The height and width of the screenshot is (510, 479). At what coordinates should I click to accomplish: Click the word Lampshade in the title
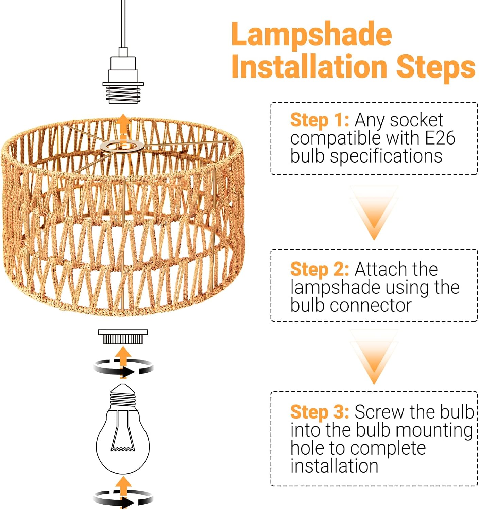(x=311, y=35)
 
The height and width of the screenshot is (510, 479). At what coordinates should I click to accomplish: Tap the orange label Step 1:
(x=319, y=120)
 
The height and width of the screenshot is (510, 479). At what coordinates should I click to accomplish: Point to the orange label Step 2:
(x=319, y=269)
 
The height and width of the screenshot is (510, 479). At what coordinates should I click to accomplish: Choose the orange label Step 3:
(x=319, y=412)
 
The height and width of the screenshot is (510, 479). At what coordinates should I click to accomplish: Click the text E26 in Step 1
(x=440, y=138)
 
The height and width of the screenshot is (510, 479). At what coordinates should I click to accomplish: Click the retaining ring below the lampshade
(x=123, y=337)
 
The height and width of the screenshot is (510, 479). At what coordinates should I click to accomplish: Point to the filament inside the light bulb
(x=123, y=442)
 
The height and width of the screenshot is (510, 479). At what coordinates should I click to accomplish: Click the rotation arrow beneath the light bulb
(x=123, y=498)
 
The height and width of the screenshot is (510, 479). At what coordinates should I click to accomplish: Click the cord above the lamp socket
(x=123, y=24)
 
